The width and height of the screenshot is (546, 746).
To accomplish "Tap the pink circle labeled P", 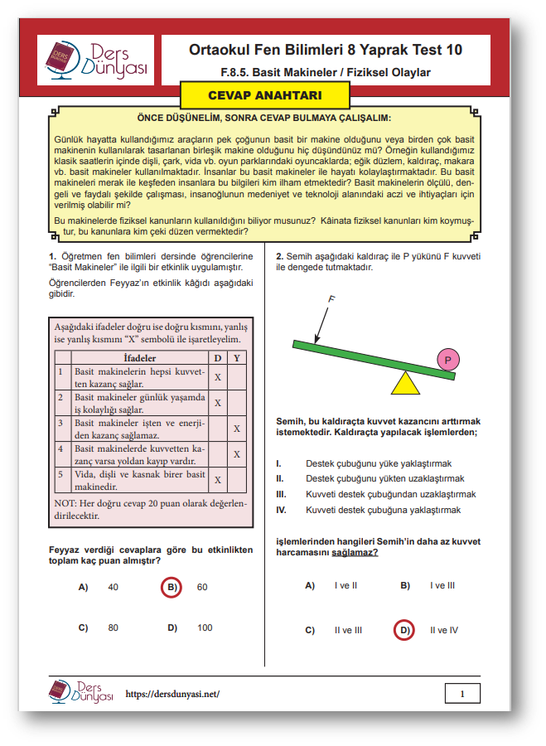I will (447, 361).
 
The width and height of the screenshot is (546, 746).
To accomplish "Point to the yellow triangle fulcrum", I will (404, 383).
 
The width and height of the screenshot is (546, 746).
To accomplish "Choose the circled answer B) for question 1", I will (171, 587).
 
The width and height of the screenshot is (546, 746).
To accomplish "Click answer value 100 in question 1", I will (205, 627).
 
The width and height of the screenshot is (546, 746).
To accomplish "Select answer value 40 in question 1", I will (114, 587).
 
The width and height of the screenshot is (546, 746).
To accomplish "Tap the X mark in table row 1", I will (217, 376).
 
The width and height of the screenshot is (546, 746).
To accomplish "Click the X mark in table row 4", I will (236, 454).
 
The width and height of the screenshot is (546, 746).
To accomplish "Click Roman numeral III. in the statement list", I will (280, 494).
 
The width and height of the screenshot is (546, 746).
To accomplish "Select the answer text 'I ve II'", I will (345, 585).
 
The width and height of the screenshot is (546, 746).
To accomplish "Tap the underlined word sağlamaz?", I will (355, 552).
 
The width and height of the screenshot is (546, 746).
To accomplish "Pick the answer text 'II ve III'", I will (348, 630).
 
